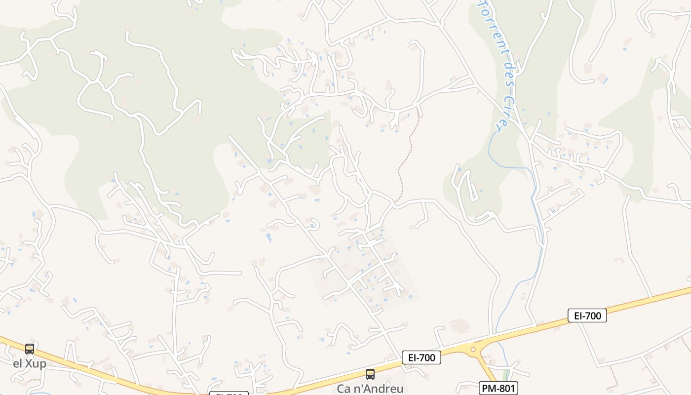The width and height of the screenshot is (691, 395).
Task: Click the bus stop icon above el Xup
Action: (x=30, y=349)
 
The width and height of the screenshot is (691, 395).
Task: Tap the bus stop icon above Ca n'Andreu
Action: (x=370, y=374)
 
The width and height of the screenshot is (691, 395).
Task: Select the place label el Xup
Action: (x=30, y=364)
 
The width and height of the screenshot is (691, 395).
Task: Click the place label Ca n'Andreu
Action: (x=370, y=389)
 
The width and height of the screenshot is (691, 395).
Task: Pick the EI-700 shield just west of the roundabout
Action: (x=421, y=357)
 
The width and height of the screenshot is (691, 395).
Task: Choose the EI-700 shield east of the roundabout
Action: (x=587, y=315)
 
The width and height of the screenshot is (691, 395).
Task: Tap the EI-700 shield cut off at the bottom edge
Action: (x=229, y=394)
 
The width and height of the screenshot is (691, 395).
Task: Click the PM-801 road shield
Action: (x=498, y=388)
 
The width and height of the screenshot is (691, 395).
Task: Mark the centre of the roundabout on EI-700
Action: (x=473, y=350)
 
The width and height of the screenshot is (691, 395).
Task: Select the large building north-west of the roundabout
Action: (x=459, y=326)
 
